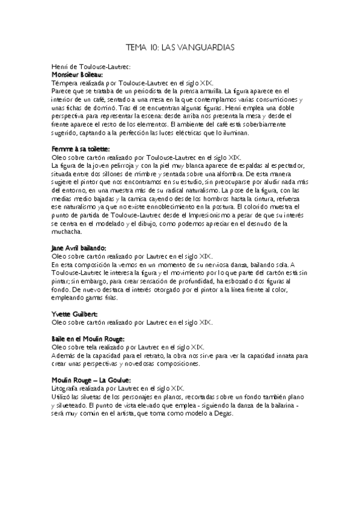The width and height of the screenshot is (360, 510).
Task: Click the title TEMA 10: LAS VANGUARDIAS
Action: pos(180,46)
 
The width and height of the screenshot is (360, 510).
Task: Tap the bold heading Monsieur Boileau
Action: pos(78,75)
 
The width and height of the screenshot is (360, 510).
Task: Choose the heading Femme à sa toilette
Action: pos(81,149)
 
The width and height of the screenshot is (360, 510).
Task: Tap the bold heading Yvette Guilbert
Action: pos(75,313)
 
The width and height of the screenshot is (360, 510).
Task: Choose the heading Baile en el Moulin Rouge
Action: pos(88,339)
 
